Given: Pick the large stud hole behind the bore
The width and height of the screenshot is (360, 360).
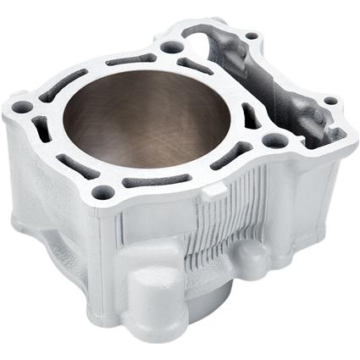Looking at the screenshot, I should point(171,48).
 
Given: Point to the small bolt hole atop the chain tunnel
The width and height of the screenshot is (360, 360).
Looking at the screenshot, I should point(252,37).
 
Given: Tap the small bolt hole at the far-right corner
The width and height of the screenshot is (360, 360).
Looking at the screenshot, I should point(330,102).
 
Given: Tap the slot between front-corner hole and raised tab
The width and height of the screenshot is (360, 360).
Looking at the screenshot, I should point(157,180).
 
